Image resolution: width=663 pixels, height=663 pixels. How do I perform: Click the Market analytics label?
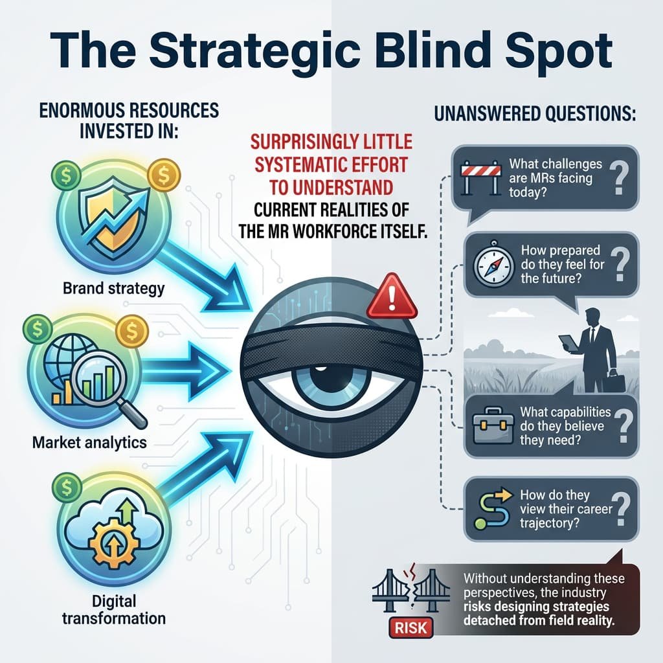click(89, 444)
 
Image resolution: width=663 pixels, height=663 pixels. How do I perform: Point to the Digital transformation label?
click(113, 607)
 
